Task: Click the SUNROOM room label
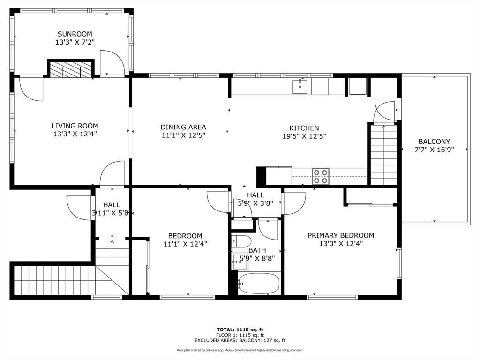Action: (x=75, y=34)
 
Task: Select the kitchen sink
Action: (x=300, y=86)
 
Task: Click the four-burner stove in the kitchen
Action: (x=321, y=176)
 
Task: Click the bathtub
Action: (x=259, y=283)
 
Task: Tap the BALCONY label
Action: (x=434, y=141)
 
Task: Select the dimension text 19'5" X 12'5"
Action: (x=304, y=136)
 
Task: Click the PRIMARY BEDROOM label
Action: (x=341, y=235)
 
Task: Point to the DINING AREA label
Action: (x=183, y=127)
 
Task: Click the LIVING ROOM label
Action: (x=75, y=126)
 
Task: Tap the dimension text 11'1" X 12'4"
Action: (x=185, y=244)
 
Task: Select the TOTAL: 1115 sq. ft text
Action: (x=240, y=330)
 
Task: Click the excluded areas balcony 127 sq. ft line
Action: (x=240, y=341)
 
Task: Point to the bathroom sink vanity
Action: (x=240, y=261)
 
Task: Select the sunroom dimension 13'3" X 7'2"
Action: (x=75, y=42)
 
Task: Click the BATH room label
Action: (x=257, y=250)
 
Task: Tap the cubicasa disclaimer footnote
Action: (x=240, y=350)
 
